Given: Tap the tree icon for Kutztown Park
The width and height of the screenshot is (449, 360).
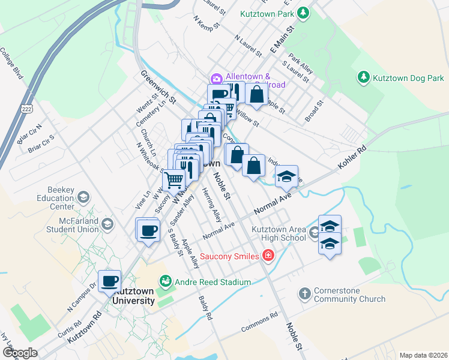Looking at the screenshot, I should (304, 12).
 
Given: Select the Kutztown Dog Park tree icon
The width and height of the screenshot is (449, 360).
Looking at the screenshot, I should (363, 77).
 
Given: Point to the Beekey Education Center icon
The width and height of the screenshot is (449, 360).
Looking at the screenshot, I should (83, 197).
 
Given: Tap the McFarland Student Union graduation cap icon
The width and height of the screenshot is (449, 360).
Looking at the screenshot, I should (107, 224).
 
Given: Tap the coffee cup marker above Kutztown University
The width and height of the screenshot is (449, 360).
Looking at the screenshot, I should (109, 281).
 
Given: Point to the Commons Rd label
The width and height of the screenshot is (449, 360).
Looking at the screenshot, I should (259, 322).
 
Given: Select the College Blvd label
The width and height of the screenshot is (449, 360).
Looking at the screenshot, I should (11, 63).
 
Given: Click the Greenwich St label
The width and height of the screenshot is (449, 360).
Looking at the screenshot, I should (158, 86).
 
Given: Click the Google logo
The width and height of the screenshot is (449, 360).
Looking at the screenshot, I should (20, 353).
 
